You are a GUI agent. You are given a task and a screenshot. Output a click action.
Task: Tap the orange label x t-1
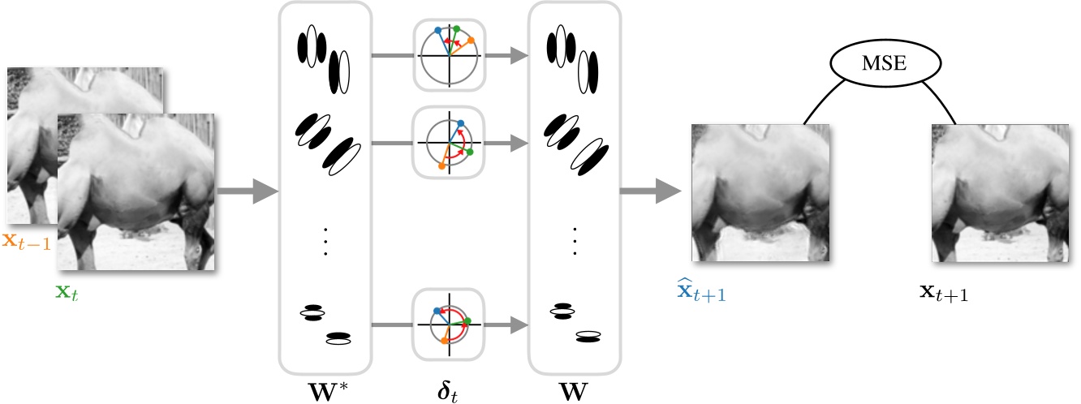[x=26, y=242]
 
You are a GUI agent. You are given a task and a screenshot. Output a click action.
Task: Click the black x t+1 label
[x=942, y=293]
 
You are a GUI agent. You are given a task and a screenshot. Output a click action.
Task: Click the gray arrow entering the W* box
[x=248, y=192]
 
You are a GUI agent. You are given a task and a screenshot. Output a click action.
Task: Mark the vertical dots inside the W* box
[x=325, y=241]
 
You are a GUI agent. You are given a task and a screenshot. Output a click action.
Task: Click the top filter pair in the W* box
[x=325, y=58]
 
